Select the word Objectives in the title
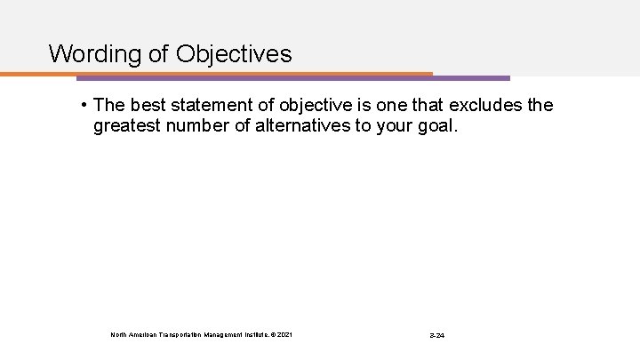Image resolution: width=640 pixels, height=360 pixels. (235, 55)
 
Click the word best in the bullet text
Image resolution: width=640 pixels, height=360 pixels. (148, 106)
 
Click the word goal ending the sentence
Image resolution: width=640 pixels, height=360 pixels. (441, 127)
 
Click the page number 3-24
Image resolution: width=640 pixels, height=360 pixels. (436, 335)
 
